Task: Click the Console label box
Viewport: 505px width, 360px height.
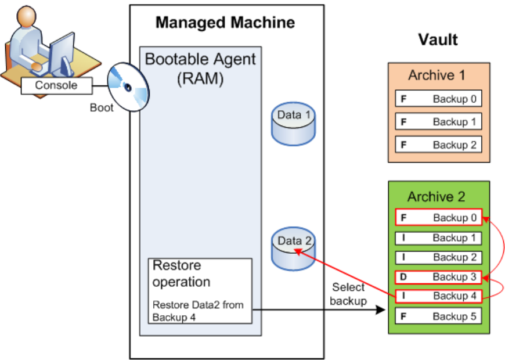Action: (x=56, y=86)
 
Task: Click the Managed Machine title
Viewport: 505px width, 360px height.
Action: (x=225, y=23)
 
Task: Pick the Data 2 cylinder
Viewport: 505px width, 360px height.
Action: (x=293, y=248)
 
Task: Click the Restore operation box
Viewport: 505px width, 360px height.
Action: (x=200, y=290)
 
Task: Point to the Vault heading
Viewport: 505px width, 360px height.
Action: (x=438, y=39)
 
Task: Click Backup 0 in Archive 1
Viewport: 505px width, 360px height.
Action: (x=438, y=99)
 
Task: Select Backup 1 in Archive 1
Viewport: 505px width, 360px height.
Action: (x=438, y=122)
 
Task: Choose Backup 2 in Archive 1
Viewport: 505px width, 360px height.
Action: (x=438, y=145)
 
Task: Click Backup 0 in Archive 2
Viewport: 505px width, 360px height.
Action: (x=438, y=218)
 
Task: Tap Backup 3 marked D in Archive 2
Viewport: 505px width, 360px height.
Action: (x=438, y=277)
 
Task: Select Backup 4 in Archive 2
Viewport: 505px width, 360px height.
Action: (x=438, y=296)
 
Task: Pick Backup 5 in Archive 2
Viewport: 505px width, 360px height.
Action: (x=438, y=316)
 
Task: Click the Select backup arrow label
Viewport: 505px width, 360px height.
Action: (x=348, y=294)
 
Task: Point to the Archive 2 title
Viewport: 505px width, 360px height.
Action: (x=437, y=196)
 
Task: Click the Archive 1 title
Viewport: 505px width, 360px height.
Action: (x=437, y=75)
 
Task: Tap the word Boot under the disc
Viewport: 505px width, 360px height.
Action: (x=102, y=108)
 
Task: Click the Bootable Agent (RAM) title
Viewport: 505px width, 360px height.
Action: (x=200, y=69)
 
